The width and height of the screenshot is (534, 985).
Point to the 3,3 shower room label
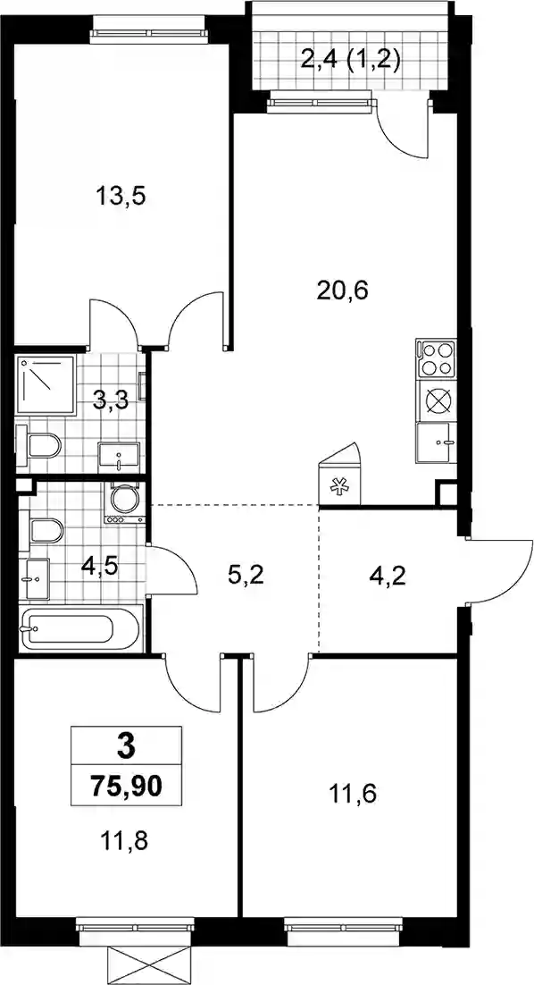111,400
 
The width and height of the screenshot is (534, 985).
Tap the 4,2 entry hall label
388,574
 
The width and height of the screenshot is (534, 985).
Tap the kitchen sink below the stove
436,442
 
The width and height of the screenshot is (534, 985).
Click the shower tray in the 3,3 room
46,383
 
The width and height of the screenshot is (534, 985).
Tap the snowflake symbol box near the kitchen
340,484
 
